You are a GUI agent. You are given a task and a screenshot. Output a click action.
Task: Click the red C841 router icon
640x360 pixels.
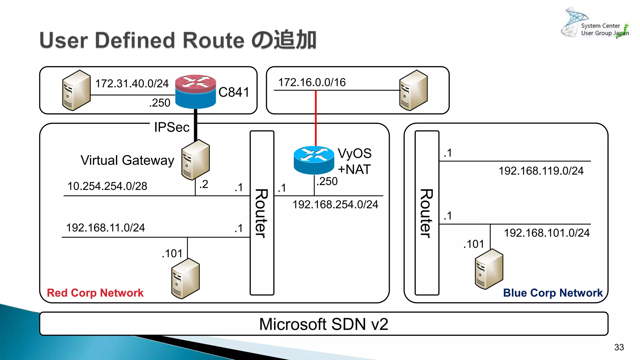(x=195, y=91)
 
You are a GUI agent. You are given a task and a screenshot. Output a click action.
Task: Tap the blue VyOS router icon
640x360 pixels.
(x=314, y=160)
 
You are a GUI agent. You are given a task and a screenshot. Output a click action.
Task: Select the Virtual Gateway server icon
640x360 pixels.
(x=195, y=160)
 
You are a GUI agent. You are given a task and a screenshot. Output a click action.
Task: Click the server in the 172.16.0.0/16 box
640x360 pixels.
(x=413, y=90)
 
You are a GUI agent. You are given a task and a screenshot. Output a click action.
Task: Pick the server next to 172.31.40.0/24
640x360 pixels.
(x=76, y=90)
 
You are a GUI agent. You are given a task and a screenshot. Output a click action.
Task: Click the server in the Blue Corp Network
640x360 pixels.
(x=489, y=269)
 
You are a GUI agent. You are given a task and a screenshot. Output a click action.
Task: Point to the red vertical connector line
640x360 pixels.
(x=316, y=119)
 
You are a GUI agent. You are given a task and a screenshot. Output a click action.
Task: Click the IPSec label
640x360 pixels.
(x=172, y=127)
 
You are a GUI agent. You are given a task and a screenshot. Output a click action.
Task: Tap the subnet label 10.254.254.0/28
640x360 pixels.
(x=107, y=186)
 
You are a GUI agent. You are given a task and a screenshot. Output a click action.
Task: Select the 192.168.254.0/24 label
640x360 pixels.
(x=335, y=205)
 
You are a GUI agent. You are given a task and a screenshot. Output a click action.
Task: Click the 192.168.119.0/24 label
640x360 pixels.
(x=541, y=171)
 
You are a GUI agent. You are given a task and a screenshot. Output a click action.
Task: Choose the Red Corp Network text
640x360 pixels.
(x=95, y=293)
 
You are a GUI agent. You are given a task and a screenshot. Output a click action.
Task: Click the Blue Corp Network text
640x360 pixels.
(x=552, y=293)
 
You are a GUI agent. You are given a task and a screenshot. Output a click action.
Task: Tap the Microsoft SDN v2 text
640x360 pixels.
(x=323, y=324)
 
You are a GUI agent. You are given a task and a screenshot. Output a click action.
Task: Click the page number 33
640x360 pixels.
(x=619, y=347)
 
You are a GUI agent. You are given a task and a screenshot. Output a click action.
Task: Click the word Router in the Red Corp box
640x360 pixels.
(x=261, y=213)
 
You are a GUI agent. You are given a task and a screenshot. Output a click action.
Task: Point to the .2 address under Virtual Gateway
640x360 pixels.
(x=204, y=184)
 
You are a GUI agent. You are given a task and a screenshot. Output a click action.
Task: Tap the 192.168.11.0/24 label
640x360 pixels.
(x=105, y=228)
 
